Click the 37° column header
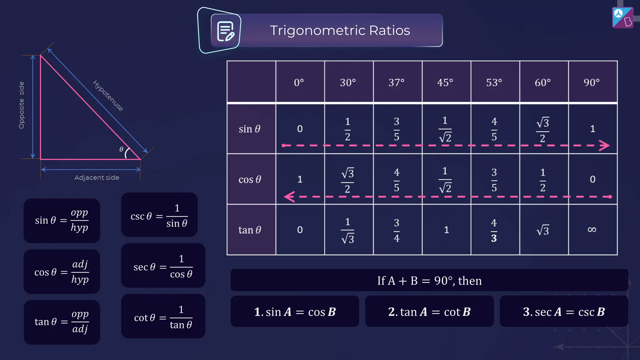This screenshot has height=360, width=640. point(396,82)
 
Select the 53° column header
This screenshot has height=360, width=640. point(494,82)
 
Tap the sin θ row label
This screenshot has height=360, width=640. point(249,129)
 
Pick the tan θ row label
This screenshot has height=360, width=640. point(249,230)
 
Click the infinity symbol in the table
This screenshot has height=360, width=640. point(592,230)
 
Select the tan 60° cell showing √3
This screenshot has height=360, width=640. point(543,230)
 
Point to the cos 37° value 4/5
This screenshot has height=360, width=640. point(396,180)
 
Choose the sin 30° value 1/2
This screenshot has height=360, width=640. point(347,129)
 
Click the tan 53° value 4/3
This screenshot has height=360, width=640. point(494,230)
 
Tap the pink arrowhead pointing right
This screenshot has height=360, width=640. point(604,145)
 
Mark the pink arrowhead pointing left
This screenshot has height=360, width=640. point(289,197)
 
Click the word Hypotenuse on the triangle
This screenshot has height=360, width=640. point(108,96)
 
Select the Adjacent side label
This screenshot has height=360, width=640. point(97,177)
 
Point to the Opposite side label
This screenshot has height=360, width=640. point(21,105)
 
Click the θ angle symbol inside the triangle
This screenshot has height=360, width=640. point(121,149)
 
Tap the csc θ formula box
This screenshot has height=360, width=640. point(159,215)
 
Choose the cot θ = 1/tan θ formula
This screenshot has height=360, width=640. point(163,316)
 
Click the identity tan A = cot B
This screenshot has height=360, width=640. point(429,312)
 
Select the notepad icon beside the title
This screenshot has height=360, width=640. point(225,31)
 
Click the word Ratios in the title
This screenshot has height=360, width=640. point(389,30)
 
